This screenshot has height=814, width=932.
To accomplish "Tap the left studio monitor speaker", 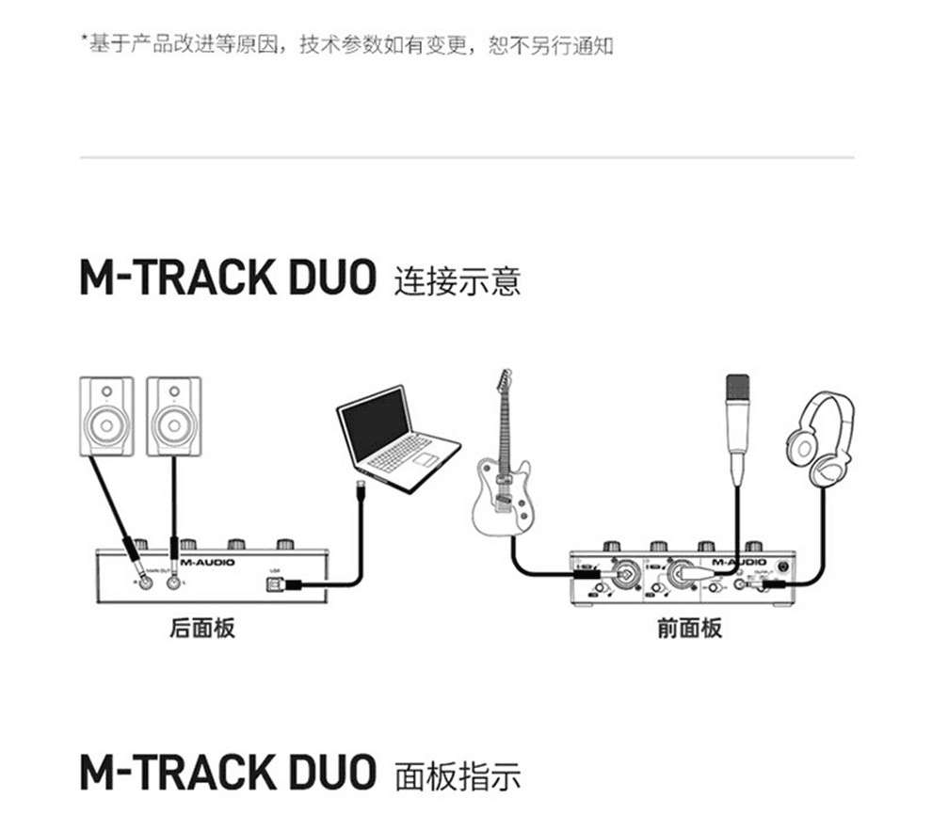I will [x=106, y=415].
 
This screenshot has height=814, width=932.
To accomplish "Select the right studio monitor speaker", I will [x=174, y=415].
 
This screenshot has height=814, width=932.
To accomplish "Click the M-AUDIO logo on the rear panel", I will [x=208, y=562].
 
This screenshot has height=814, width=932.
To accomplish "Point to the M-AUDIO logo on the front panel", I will [x=739, y=562].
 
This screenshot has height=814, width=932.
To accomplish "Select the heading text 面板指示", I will [x=458, y=777].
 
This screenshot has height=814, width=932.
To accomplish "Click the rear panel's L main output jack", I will [x=173, y=583].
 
